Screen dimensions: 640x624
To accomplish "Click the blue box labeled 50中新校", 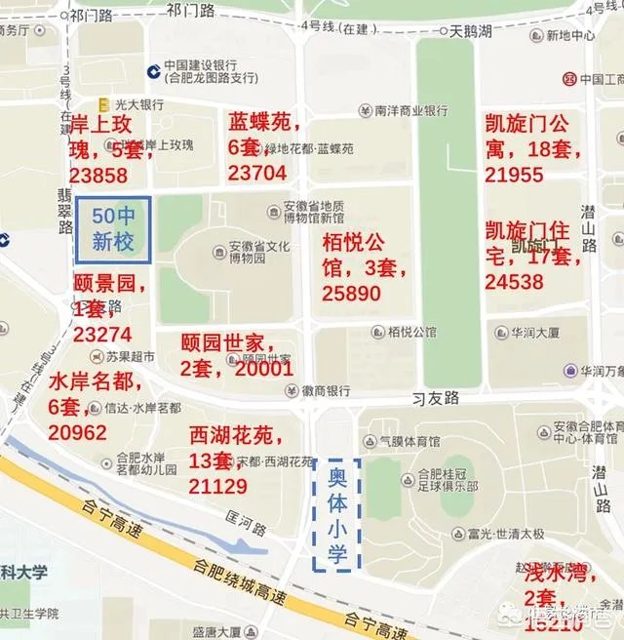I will tap(113, 230).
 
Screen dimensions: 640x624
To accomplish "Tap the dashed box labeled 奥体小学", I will tap(336, 514).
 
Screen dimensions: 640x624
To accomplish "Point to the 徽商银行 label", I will tap(325, 390).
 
